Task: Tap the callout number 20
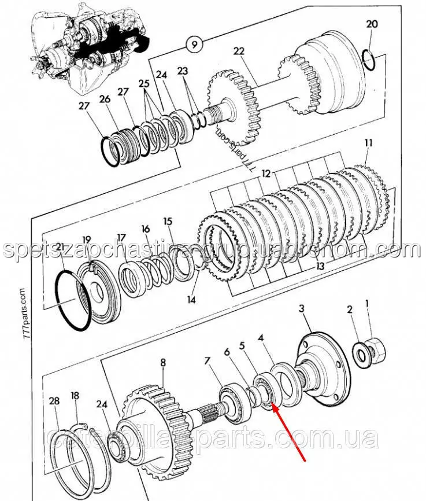point(372,25)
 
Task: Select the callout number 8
point(163,363)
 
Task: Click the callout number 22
point(239,50)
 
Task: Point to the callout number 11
point(368,142)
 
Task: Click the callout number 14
point(191,300)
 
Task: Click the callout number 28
point(54,401)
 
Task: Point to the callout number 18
point(75,396)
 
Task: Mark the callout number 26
point(104,100)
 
